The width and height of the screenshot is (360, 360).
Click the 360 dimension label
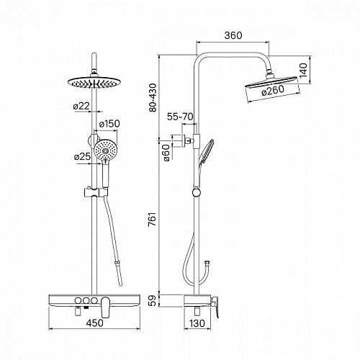point(233,35)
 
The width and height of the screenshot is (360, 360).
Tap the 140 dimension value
point(303,70)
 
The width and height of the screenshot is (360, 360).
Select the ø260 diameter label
point(273,91)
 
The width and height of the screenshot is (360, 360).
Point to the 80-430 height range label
point(153,97)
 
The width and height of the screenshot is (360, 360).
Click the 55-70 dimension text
point(180,117)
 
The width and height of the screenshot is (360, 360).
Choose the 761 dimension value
point(153,219)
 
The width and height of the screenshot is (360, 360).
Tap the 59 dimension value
point(153,300)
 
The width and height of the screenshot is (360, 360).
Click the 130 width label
point(197,323)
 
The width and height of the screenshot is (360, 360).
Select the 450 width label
point(94,323)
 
